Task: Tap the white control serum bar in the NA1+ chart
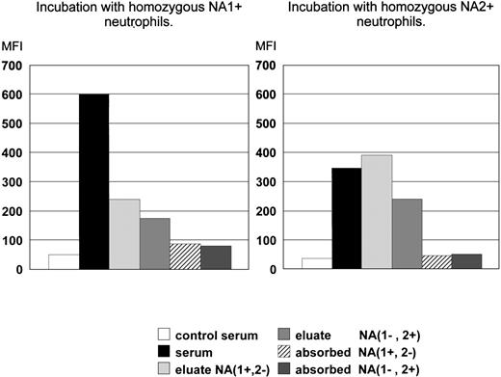[x=63, y=261]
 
